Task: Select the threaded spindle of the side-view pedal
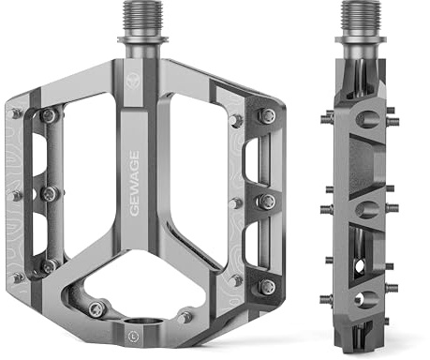coord(361,17)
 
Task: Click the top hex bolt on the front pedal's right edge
coord(267,116)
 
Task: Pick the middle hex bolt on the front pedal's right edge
coord(267,201)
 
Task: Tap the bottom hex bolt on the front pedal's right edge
coord(267,286)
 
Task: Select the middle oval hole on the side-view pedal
coord(366,207)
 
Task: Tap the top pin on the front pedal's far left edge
coord(17,112)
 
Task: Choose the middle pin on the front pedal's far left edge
coord(16,196)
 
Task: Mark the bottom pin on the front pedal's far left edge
coord(18,277)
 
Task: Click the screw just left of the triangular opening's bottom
coord(96,307)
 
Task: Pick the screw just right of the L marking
coord(185,317)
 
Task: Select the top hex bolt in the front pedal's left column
coord(48,115)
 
